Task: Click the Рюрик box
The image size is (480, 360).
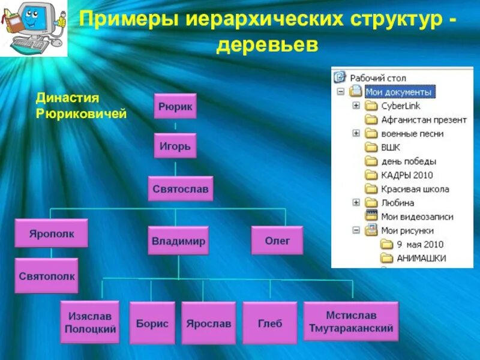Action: (175, 106)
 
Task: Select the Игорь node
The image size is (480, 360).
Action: (175, 146)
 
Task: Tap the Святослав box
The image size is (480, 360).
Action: (181, 188)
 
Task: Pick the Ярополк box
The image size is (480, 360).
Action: (52, 233)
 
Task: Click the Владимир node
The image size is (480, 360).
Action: (178, 241)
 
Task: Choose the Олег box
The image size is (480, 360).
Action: (277, 240)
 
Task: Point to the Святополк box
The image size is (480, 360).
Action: (47, 275)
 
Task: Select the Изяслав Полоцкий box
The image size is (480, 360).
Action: (89, 323)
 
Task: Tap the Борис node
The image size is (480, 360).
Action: (152, 323)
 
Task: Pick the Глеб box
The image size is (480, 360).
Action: (270, 323)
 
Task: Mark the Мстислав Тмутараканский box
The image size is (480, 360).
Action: (351, 322)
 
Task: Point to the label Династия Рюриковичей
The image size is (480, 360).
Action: (81, 105)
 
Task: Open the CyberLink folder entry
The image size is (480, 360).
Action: (400, 106)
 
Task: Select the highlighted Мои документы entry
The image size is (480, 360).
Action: (399, 92)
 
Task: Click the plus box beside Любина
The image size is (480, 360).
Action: (356, 203)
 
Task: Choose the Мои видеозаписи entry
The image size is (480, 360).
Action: (417, 217)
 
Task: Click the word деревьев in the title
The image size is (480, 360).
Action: (266, 45)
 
